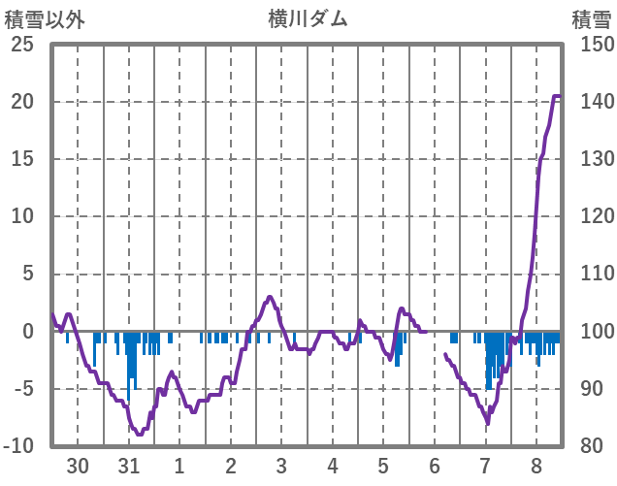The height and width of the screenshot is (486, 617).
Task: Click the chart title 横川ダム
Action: click(x=308, y=18)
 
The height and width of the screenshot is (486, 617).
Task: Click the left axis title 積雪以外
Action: click(x=46, y=18)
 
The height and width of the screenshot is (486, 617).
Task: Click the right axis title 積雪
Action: click(x=591, y=18)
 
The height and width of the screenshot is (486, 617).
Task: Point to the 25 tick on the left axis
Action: click(x=22, y=45)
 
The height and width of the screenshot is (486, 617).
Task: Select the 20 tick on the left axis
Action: click(x=22, y=102)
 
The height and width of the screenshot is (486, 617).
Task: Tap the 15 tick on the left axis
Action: click(x=22, y=159)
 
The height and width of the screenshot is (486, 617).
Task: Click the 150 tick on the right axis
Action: click(x=591, y=45)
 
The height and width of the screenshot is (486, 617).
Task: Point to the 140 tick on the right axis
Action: click(x=591, y=102)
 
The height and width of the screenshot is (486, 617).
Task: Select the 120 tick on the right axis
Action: click(x=591, y=216)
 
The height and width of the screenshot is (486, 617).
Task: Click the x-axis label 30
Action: click(x=78, y=466)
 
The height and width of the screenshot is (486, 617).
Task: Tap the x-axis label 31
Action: click(x=128, y=466)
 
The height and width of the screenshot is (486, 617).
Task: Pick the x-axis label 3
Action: click(x=281, y=466)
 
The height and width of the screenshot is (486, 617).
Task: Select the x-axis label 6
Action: click(x=435, y=466)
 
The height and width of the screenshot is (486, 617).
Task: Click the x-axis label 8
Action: click(x=536, y=466)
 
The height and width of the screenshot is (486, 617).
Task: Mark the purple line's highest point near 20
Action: click(x=558, y=96)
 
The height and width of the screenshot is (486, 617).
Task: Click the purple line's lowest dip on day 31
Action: click(x=140, y=435)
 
